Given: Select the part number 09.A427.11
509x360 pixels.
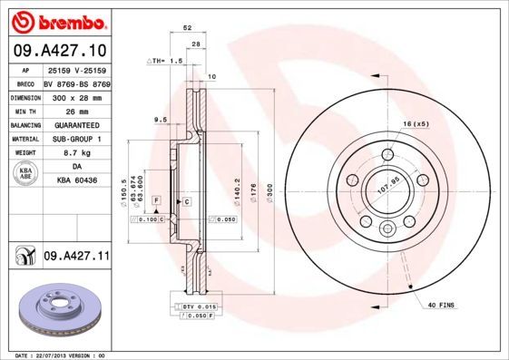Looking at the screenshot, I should [x=76, y=258].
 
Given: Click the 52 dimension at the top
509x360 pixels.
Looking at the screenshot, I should [x=188, y=29].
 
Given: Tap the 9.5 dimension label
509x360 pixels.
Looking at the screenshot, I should [x=161, y=120].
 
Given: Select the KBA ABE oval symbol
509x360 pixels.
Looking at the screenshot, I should [x=25, y=174].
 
